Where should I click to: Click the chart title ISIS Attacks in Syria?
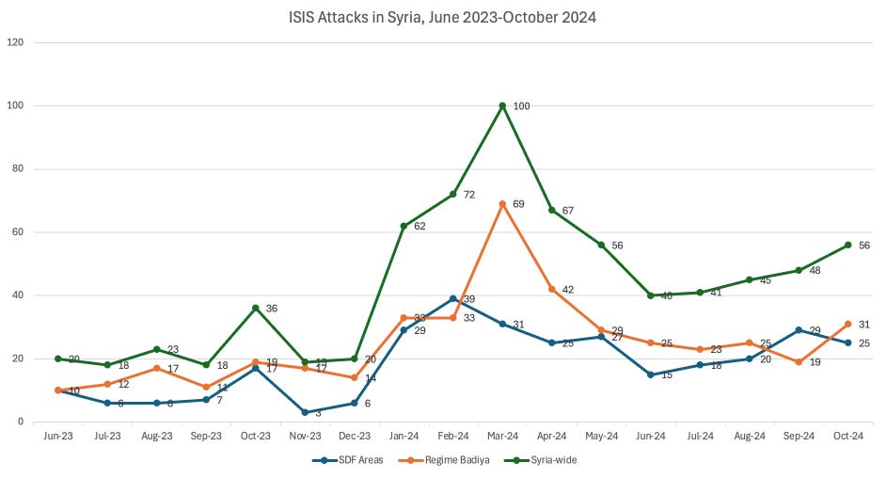442,16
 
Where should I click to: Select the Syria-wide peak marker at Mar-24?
503,105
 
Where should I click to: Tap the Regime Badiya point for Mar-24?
503,203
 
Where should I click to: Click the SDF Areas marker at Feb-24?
453,298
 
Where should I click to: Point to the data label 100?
521,106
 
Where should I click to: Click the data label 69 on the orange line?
519,204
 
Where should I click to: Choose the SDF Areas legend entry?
347,460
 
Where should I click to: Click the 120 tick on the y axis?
16,42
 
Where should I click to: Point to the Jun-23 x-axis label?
58,437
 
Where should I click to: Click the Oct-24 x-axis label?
847,437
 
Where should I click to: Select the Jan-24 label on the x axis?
403,437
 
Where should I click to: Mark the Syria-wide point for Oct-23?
256,308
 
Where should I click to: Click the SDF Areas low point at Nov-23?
305,412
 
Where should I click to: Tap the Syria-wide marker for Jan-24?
403,226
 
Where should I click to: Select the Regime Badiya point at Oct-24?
847,324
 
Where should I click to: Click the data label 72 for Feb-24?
468,195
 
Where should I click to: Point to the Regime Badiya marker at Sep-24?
799,361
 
